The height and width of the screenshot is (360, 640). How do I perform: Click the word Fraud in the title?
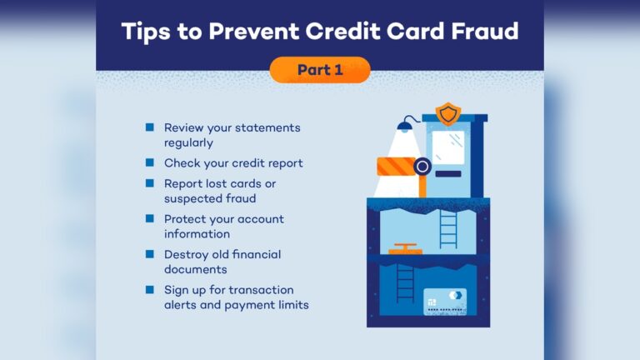(x=484, y=31)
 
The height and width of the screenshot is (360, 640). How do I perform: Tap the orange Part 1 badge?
(x=320, y=70)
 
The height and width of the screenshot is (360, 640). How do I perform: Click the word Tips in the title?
(x=146, y=32)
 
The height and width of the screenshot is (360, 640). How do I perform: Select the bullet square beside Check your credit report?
(x=150, y=162)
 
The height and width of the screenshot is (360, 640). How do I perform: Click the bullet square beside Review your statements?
(x=150, y=127)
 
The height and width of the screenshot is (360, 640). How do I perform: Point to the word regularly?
(x=188, y=143)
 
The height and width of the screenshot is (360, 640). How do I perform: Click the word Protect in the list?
(x=183, y=219)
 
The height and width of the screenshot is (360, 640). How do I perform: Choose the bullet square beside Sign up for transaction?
(x=150, y=289)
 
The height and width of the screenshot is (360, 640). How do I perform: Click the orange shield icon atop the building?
(x=448, y=114)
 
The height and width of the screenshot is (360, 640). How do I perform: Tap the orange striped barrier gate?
(x=397, y=167)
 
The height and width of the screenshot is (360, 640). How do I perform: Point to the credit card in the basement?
(x=445, y=302)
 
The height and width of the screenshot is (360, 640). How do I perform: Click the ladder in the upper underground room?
(x=448, y=229)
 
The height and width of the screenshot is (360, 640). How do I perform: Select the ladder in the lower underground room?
(x=405, y=282)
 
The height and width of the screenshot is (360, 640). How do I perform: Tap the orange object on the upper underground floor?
(x=405, y=249)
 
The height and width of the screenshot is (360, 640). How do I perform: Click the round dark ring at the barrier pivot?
(x=422, y=167)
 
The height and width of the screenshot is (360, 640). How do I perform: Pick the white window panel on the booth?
(x=448, y=147)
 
